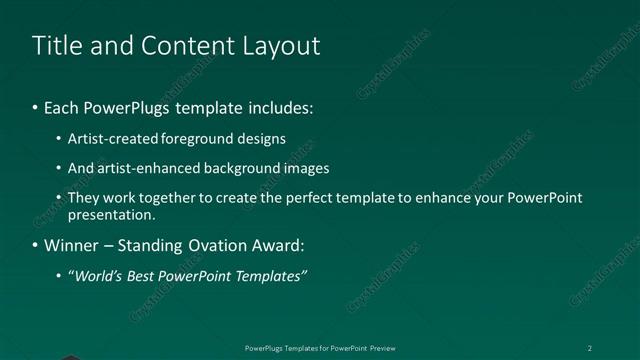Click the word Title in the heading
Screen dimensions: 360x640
(x=56, y=46)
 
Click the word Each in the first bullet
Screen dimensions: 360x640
(x=61, y=106)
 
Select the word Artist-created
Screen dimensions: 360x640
(x=106, y=139)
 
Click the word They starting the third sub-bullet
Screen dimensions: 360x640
(x=82, y=198)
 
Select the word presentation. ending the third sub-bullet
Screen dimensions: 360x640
(x=111, y=214)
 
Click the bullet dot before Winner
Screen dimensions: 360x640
(x=36, y=245)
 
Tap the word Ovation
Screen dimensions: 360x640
(x=222, y=245)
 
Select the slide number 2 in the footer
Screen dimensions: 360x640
(x=589, y=348)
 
